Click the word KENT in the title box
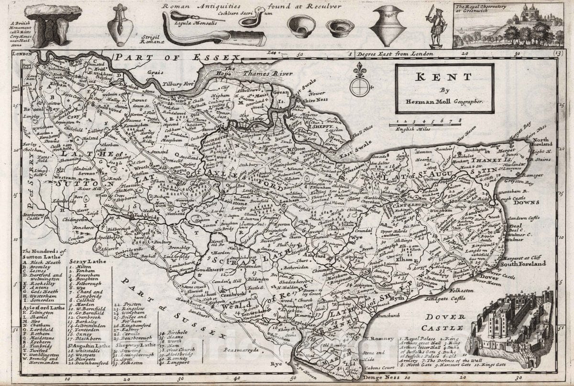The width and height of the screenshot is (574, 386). pos(445,78)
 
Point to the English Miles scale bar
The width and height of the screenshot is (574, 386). pos(425,125)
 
